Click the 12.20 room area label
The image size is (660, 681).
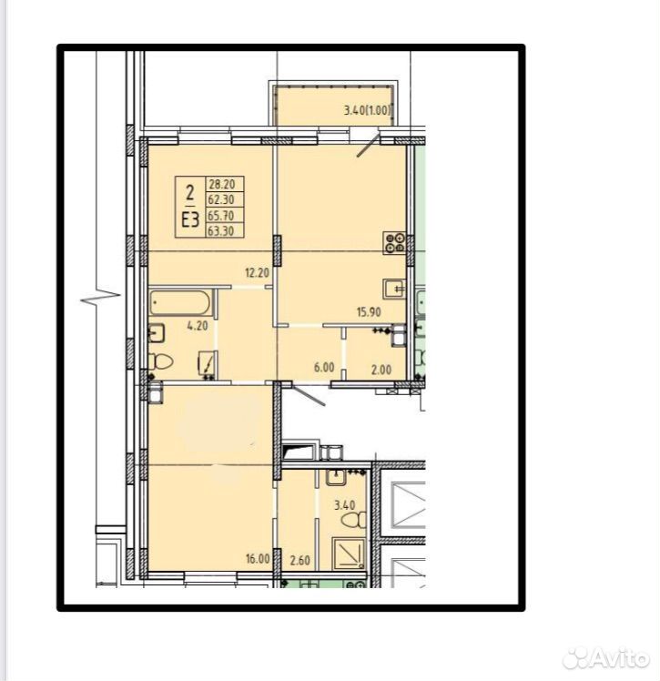257,273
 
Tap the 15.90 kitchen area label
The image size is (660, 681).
369,312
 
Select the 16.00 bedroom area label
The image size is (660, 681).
258,558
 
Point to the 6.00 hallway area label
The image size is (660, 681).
324,368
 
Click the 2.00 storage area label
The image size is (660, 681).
381,370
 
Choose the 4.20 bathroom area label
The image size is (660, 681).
198,326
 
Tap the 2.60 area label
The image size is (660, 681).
300,560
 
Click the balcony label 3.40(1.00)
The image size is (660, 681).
368,110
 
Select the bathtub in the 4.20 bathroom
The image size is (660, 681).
180,302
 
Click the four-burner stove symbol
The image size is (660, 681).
394,243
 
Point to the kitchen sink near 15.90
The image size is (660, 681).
394,289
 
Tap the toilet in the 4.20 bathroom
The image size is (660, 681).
160,361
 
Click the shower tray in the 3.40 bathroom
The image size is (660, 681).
349,554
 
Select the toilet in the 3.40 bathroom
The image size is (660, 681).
354,520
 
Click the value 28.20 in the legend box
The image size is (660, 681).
222,184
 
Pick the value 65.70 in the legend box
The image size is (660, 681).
221,216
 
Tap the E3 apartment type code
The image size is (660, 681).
190,220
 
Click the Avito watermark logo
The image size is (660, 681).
606,659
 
